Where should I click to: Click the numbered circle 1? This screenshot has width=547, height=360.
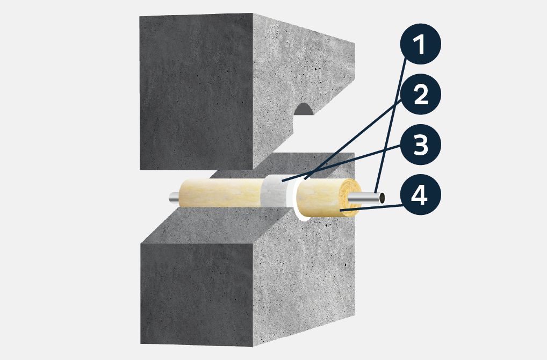pyautogui.click(x=421, y=44)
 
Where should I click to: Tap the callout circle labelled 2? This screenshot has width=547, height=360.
pyautogui.click(x=421, y=94)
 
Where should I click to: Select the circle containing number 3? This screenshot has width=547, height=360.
pyautogui.click(x=421, y=145)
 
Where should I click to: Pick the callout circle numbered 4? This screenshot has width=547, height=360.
pyautogui.click(x=421, y=195)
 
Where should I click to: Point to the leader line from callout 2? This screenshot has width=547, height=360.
pyautogui.click(x=353, y=139)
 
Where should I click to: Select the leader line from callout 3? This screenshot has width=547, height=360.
pyautogui.click(x=342, y=163)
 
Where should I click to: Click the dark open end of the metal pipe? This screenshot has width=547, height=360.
pyautogui.click(x=382, y=198)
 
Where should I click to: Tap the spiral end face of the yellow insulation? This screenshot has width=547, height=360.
pyautogui.click(x=350, y=198)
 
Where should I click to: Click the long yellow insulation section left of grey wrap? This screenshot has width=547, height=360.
pyautogui.click(x=221, y=193)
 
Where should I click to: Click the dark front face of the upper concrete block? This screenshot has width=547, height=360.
pyautogui.click(x=196, y=92)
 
